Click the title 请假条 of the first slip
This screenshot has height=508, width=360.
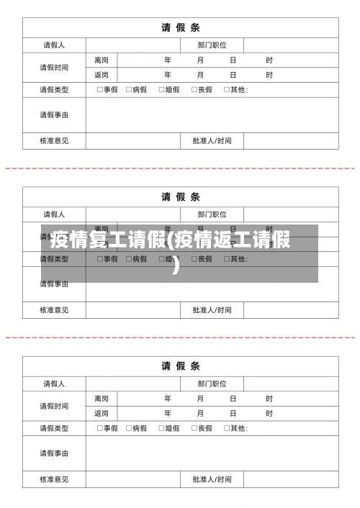click(180, 28)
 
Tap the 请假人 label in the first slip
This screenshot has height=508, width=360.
click(54, 45)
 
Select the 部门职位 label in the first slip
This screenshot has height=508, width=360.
click(212, 45)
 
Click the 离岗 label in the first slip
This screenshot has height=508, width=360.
click(102, 60)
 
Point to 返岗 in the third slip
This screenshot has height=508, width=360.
click(102, 413)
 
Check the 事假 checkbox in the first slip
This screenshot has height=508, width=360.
click(99, 90)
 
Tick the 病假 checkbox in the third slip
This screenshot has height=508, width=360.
click(129, 428)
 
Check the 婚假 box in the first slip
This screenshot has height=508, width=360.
click(161, 90)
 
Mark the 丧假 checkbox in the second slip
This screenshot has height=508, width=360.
click(194, 259)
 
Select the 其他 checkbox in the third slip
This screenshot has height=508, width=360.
click(227, 428)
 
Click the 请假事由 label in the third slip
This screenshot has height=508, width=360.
click(54, 453)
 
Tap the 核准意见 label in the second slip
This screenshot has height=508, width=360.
click(54, 310)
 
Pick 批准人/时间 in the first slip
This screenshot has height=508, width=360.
click(212, 140)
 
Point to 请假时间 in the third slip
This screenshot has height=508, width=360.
click(54, 406)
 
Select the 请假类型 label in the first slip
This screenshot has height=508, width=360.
click(54, 90)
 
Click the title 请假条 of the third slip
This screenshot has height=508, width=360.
click(180, 366)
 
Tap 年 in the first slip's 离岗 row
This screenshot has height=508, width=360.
click(168, 60)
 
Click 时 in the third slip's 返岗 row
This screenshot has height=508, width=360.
click(269, 413)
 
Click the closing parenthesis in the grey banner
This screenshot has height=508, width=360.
click(177, 268)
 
